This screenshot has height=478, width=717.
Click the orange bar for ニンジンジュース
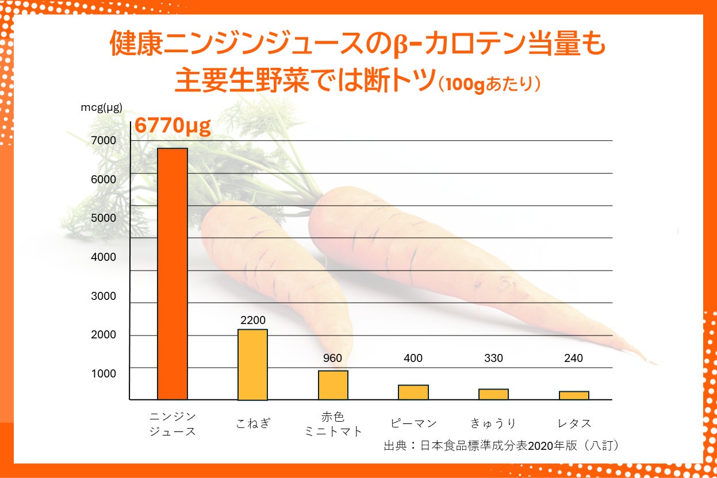click(172, 273)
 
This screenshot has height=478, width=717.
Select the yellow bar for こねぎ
click(253, 364)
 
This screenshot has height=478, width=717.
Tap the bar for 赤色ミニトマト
click(333, 385)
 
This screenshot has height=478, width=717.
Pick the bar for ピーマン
click(413, 392)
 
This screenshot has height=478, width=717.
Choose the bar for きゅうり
click(493, 394)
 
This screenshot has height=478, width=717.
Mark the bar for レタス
click(574, 395)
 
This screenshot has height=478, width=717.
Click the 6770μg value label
click(172, 126)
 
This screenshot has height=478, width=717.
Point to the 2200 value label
click(253, 321)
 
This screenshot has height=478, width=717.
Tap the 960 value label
click(332, 358)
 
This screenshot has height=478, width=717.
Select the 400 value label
click(413, 358)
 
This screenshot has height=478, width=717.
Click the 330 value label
click(493, 358)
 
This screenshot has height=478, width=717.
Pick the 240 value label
click(573, 358)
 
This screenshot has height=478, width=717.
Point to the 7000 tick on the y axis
click(103, 141)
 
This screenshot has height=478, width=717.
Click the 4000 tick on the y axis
click(103, 257)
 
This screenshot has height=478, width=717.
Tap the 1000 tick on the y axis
click(103, 374)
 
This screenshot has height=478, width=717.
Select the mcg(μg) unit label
click(101, 107)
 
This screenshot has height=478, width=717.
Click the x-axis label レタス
click(574, 424)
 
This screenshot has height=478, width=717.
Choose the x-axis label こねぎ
click(253, 424)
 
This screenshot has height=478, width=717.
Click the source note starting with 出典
click(503, 445)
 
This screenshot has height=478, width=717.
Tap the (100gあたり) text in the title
click(489, 84)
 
